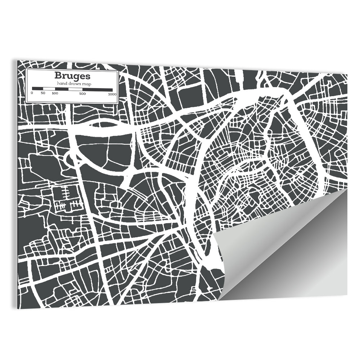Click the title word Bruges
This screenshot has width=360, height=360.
point(67,76)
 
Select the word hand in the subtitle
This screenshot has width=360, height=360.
point(60,84)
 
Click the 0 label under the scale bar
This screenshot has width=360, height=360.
point(32,93)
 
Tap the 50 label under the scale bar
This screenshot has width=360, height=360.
point(43,93)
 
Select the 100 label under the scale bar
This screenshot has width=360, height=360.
point(55,93)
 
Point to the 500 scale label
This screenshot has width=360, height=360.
point(82,93)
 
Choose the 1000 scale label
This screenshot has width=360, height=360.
point(112,93)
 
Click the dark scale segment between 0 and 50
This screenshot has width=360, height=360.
point(37,89)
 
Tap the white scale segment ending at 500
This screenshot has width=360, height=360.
point(75,89)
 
